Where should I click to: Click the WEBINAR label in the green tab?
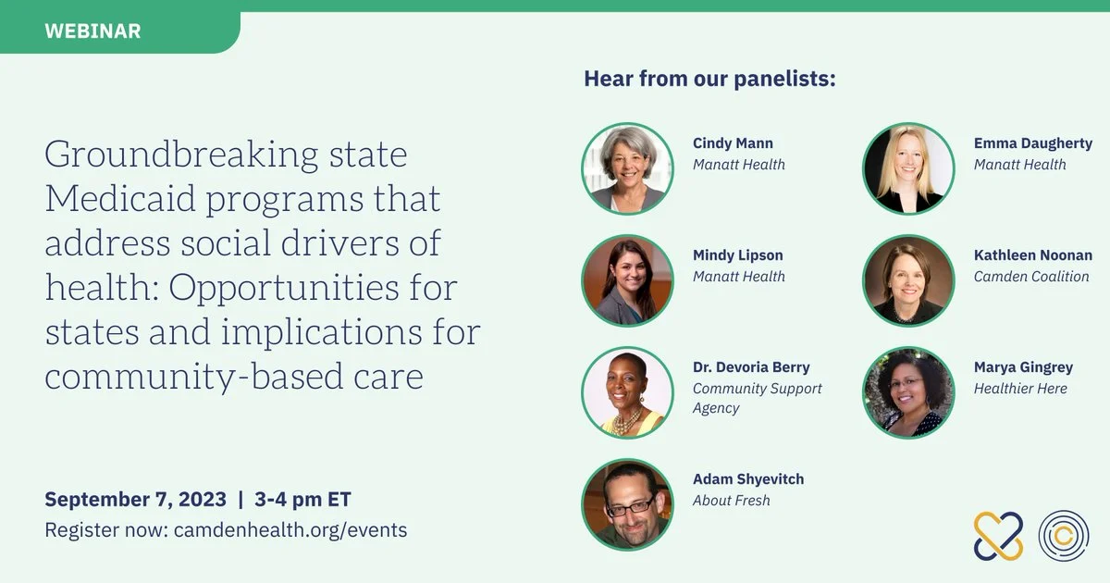pos(92,31)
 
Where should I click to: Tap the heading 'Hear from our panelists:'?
pos(709,79)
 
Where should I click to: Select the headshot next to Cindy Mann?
pos(627,168)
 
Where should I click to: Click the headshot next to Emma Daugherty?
pos(908,168)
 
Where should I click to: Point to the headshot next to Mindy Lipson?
pos(627,280)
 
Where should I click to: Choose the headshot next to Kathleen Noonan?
pos(908,280)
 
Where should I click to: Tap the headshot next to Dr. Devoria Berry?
pos(627,392)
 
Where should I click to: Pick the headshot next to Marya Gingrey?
pos(908,392)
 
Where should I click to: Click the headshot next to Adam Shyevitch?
pos(627,504)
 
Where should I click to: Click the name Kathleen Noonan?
pos(1033,255)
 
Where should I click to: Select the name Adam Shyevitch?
pos(748,479)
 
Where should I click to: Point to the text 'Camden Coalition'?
pos(1031,277)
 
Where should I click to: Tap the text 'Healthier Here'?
pos(1020,389)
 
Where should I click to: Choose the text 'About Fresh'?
pos(732,501)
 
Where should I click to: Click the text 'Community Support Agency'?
pos(758,398)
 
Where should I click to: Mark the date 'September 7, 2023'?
pos(135,500)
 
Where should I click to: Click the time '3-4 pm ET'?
pos(302,500)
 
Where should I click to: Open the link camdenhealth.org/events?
pos(290,530)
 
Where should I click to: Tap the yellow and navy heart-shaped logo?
pos(998,536)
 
